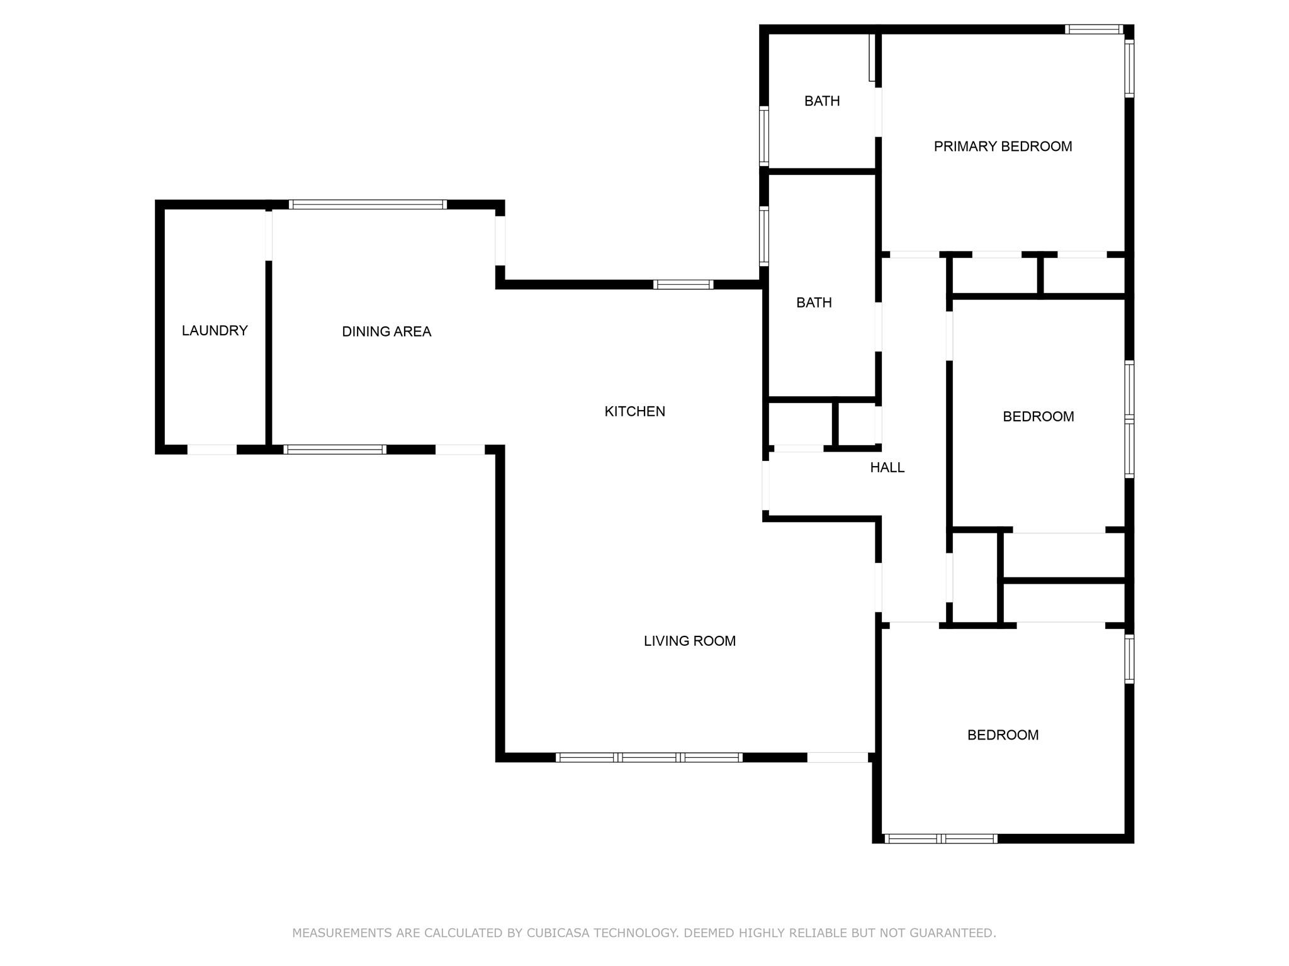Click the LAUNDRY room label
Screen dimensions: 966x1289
coord(215,331)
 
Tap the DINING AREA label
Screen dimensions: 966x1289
coord(386,331)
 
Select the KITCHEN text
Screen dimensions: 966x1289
coord(634,411)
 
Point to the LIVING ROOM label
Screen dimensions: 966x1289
coord(689,641)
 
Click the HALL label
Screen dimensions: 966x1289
coord(887,467)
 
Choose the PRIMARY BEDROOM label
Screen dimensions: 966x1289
coord(1003,147)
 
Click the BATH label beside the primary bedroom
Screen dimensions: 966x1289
coord(822,101)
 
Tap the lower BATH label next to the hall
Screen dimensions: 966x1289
coord(814,303)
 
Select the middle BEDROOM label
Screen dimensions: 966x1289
coord(1038,416)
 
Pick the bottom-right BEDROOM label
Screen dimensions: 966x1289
coord(1003,735)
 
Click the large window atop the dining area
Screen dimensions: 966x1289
coord(368,204)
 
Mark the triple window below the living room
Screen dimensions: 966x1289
coord(649,757)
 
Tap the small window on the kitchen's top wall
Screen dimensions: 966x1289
coord(683,284)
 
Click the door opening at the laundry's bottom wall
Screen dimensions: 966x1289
coord(212,450)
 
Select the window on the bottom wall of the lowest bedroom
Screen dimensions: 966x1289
coord(940,838)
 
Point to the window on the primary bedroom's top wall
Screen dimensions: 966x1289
coord(1094,29)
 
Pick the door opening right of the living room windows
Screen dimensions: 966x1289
coord(837,757)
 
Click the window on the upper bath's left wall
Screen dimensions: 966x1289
coord(764,135)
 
